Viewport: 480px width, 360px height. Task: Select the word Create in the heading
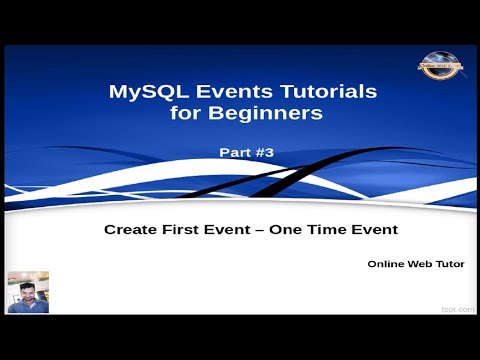coord(130,229)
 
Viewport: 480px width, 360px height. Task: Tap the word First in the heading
coord(180,229)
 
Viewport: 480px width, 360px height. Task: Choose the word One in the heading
coord(282,229)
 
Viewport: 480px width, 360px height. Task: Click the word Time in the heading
coord(322,229)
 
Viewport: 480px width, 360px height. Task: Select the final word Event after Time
coord(371,229)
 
